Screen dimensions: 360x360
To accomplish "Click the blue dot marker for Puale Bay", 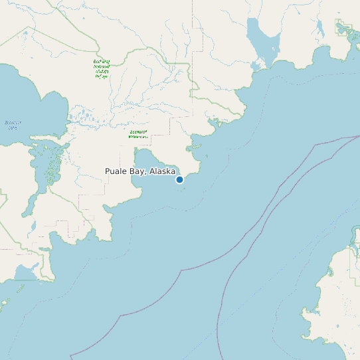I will pos(179,179).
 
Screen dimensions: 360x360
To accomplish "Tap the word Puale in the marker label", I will pos(116,171).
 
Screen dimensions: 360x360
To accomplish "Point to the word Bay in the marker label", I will pos(137,171).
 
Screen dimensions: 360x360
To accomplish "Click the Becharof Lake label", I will pos(13,125).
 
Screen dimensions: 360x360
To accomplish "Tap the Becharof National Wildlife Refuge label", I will pos(102,69).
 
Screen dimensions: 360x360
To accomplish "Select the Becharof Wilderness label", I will pos(138,134).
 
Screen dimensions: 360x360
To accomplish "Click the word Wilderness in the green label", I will pos(138,137).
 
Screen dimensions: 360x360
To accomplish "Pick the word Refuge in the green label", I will pos(101,76).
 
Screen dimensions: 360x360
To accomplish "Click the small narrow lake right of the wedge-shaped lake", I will pos(320,29).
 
